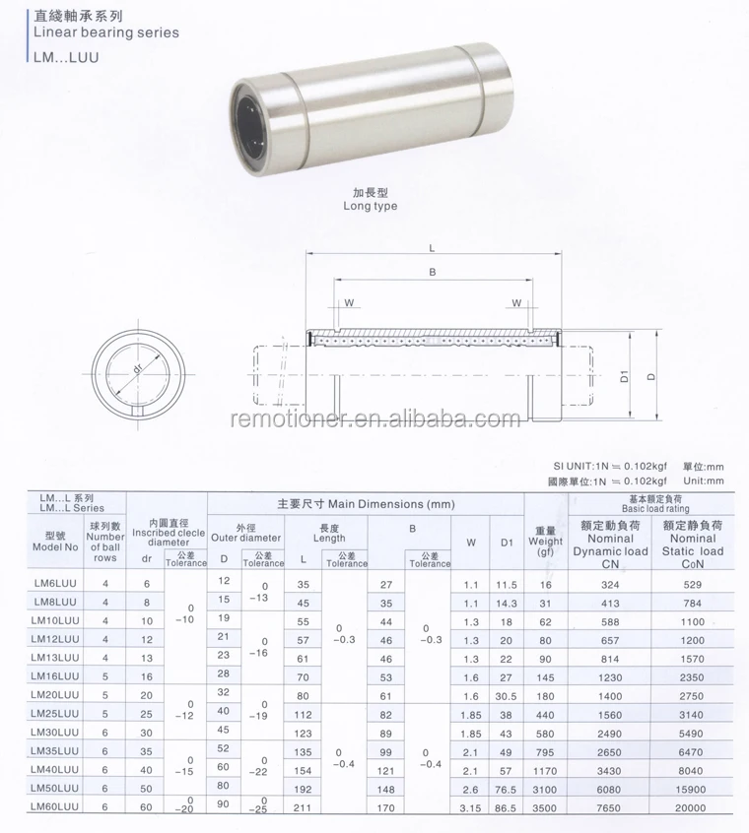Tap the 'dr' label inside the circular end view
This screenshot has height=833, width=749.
pyautogui.click(x=134, y=368)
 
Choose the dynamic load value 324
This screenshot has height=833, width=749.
pyautogui.click(x=610, y=584)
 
